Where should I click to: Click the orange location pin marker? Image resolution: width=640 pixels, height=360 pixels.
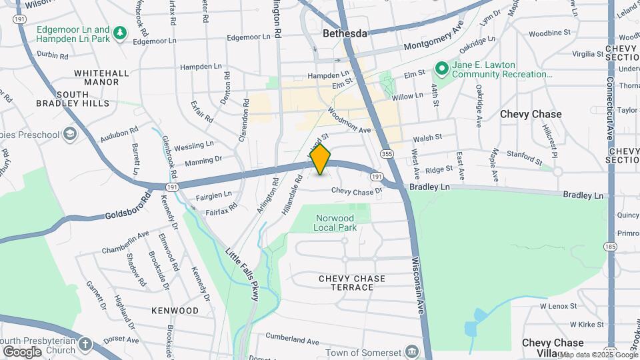321,159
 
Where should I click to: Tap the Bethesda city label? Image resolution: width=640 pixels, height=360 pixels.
345,33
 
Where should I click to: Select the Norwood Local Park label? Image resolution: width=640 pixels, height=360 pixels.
335,223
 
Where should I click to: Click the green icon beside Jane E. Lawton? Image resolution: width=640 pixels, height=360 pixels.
441,68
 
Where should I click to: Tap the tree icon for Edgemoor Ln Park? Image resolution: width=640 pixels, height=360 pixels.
120,33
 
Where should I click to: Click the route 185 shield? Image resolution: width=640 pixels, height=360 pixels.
609,246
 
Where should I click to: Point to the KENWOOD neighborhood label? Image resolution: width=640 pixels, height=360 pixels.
175,311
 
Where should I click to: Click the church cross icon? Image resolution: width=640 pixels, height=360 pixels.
85,344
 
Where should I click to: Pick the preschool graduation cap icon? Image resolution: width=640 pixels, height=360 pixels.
71,134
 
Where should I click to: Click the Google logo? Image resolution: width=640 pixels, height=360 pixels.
21,351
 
